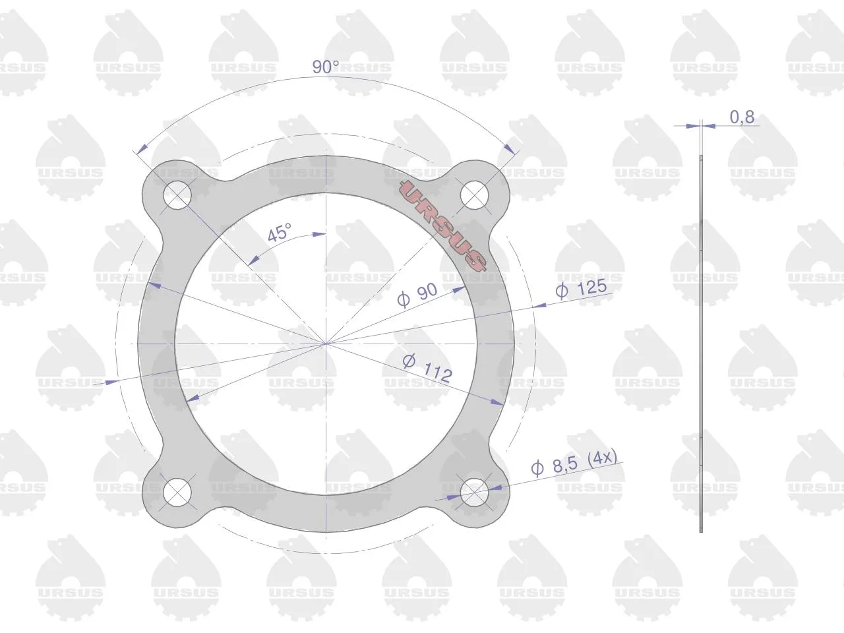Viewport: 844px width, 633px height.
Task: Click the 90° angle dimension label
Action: (x=326, y=67)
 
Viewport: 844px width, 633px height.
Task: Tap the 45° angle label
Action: (x=280, y=233)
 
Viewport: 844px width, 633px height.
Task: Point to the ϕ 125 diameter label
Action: (x=582, y=288)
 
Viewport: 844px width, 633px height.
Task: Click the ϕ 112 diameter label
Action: (x=427, y=368)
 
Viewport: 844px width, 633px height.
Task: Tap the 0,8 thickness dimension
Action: (x=742, y=117)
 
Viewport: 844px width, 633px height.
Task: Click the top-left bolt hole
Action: (x=177, y=195)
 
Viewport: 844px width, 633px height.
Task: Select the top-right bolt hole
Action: (x=475, y=195)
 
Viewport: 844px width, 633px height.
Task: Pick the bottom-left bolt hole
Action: (x=177, y=493)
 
